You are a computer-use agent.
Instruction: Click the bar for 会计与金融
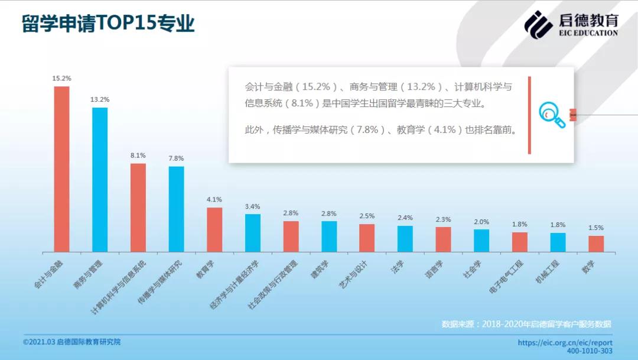tap(61, 169)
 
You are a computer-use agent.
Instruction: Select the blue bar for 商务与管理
tap(100, 180)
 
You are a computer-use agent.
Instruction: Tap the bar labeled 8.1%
tap(138, 207)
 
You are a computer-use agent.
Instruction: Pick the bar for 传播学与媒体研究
tap(176, 209)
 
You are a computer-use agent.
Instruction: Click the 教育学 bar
tap(214, 229)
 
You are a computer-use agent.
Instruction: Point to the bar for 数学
tap(596, 244)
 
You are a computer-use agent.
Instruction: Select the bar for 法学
tap(405, 239)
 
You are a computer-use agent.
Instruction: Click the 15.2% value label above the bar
tap(61, 78)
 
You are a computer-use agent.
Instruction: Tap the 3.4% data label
tap(252, 206)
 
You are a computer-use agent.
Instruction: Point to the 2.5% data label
tap(367, 216)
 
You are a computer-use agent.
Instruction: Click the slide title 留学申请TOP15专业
tap(109, 24)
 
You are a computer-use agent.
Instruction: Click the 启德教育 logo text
tap(588, 21)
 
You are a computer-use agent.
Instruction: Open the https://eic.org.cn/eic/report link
tap(565, 342)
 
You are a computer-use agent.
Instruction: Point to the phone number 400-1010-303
tap(590, 351)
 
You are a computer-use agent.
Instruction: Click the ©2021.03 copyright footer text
tap(76, 342)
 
